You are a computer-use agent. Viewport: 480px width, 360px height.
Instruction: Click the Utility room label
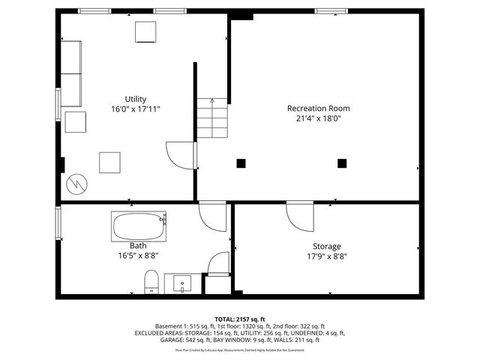click(136, 99)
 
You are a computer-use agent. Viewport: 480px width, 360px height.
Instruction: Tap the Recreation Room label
click(319, 108)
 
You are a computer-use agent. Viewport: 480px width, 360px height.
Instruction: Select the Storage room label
click(326, 246)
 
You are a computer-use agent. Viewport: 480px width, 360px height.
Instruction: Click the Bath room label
click(138, 245)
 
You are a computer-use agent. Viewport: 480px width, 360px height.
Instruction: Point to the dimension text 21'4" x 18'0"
click(319, 118)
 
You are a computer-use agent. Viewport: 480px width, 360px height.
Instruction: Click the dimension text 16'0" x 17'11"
click(136, 109)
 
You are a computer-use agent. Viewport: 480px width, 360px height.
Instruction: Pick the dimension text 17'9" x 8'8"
click(326, 256)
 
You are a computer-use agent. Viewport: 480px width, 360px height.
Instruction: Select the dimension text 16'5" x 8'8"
click(138, 255)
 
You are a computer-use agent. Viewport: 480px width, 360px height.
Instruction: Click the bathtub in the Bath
click(139, 226)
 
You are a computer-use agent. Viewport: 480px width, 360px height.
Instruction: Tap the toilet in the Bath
click(150, 282)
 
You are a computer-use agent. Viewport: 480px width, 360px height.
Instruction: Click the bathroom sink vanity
click(184, 283)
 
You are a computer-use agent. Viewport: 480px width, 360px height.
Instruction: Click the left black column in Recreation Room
click(241, 162)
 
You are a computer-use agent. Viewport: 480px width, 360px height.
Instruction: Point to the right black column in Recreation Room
click(342, 162)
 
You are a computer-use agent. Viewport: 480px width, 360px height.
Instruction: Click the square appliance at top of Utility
click(145, 32)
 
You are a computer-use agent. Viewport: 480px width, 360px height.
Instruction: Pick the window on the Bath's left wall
click(58, 223)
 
